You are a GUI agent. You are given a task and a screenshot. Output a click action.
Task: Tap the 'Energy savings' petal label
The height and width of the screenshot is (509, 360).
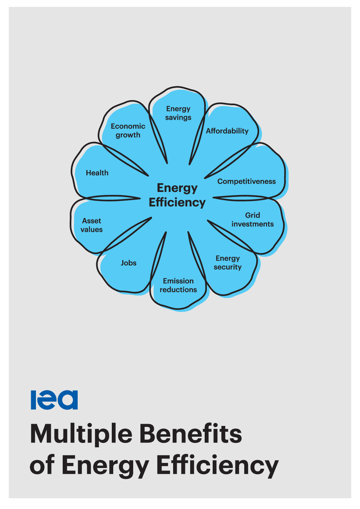pos(178,113)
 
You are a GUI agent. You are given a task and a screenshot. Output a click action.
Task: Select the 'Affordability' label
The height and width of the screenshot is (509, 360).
pos(227,131)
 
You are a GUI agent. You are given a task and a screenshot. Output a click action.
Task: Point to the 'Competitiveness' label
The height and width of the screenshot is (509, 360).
pos(246,181)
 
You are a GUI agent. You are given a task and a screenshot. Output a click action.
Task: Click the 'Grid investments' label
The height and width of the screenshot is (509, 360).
pos(253,219)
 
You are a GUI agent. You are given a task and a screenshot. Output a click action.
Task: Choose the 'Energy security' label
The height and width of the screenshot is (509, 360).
pos(228,263)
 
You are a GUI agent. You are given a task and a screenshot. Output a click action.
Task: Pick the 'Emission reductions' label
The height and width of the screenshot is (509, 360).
pos(178,285)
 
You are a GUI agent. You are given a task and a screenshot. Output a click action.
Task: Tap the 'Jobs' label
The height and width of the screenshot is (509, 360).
pos(128,263)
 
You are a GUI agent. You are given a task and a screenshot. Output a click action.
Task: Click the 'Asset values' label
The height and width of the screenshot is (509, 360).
pos(91,225)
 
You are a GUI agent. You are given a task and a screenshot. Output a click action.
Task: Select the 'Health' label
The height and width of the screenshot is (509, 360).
pos(97,173)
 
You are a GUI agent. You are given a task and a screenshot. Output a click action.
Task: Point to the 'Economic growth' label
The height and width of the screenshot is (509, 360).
pos(128,131)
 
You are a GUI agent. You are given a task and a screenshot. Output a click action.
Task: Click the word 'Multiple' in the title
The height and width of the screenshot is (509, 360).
pos(81,435)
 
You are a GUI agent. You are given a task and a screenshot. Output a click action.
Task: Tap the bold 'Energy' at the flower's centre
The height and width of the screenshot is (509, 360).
pos(177,189)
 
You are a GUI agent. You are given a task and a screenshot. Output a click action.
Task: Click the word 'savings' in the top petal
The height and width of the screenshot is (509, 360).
pos(178,118)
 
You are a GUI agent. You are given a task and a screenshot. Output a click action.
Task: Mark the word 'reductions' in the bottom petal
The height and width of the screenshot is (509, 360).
pos(178,290)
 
